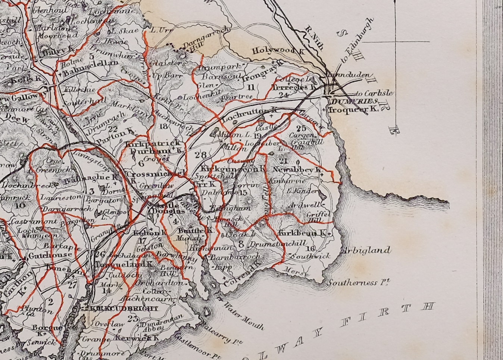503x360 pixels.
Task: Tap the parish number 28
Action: [x=200, y=154]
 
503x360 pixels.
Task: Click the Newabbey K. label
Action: [x=297, y=170]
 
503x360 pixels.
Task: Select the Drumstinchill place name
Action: [x=270, y=244]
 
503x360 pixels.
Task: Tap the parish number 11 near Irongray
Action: [x=251, y=88]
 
